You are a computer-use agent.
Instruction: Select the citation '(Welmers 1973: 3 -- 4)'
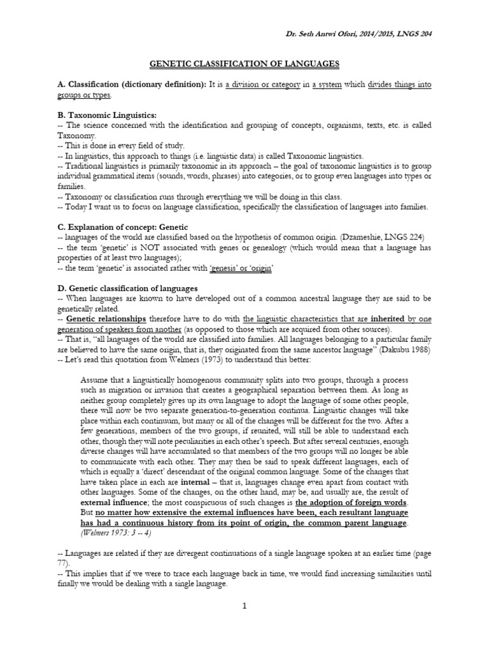pyautogui.click(x=118, y=532)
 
